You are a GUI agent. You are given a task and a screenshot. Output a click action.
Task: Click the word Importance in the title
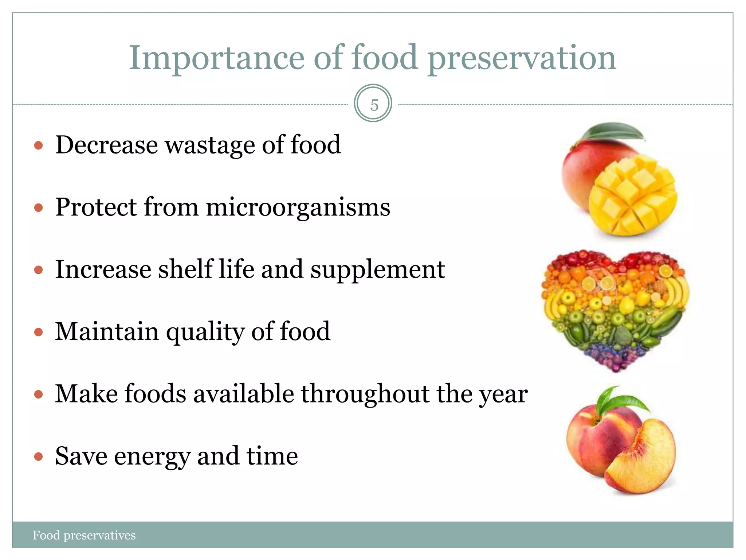click(216, 58)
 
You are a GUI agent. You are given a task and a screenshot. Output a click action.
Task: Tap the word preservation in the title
click(522, 58)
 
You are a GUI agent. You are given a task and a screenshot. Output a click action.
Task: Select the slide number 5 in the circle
click(374, 105)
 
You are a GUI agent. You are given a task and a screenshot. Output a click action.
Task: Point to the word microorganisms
click(298, 207)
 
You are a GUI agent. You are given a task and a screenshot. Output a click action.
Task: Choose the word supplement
click(377, 270)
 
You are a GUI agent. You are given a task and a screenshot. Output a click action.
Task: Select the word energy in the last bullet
click(152, 456)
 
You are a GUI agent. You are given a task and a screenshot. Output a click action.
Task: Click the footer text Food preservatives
click(84, 535)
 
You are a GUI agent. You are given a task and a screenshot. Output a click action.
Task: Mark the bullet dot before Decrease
click(38, 146)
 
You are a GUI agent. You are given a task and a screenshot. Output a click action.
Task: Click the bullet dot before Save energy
click(38, 456)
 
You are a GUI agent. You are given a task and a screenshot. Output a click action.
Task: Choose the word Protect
click(96, 207)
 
